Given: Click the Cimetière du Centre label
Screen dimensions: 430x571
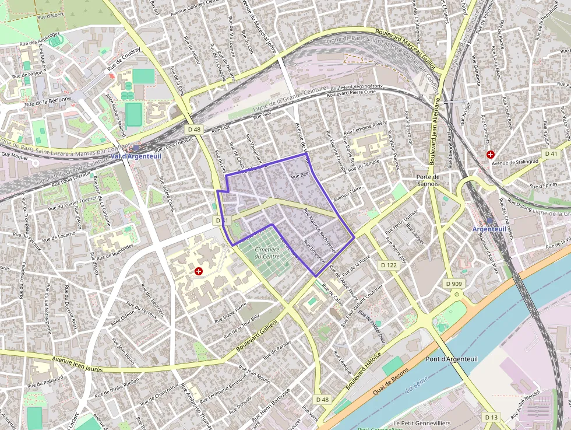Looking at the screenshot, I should (x=267, y=251).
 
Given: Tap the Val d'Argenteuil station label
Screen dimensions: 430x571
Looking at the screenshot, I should (x=135, y=156).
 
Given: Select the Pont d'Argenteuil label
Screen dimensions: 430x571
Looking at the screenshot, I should (x=452, y=359).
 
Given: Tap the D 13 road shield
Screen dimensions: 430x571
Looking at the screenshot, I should (x=491, y=417).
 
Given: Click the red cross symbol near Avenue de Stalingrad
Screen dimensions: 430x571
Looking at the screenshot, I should (x=491, y=155).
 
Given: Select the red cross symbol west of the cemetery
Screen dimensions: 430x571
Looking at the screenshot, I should (x=199, y=271).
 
